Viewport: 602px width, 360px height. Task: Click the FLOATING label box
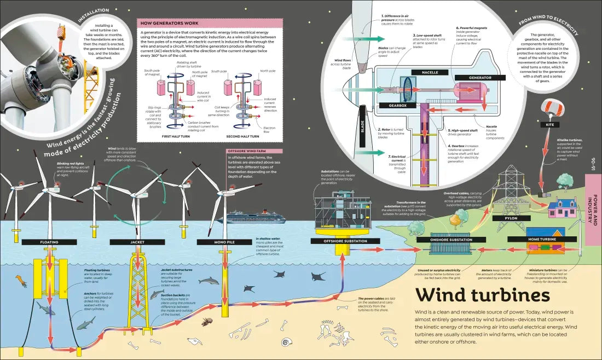[x=49, y=242]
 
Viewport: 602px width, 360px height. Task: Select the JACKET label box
[x=137, y=242]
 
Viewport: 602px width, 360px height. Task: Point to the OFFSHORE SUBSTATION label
[x=338, y=241]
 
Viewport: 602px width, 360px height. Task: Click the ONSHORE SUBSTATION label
[x=444, y=240]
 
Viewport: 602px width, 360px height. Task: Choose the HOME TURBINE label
[x=542, y=239]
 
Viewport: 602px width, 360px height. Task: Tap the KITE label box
[x=549, y=125]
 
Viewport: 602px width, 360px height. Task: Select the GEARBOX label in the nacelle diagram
[x=394, y=104]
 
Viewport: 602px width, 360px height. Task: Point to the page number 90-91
[x=593, y=164]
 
